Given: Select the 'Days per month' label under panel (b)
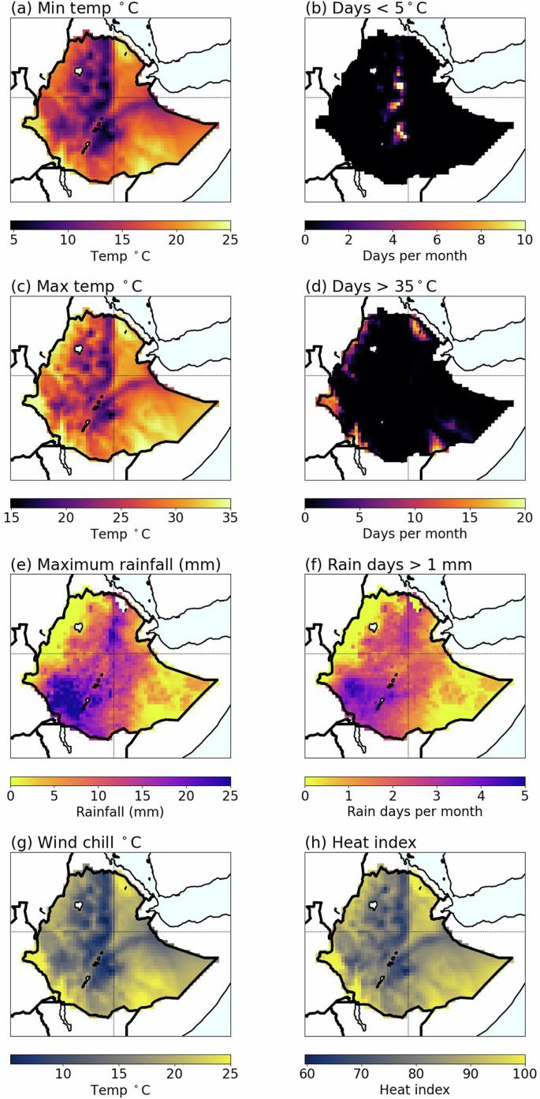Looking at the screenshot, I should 415,255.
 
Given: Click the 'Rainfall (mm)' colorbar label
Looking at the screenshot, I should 121,812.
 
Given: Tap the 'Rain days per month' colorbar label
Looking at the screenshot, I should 415,812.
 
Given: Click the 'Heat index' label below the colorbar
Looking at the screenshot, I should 415,1090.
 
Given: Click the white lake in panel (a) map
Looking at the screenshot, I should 78,70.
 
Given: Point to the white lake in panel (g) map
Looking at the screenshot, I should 78,905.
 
